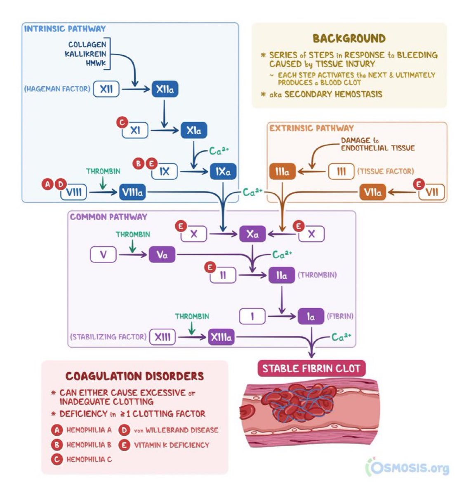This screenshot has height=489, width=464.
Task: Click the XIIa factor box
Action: click(165, 89)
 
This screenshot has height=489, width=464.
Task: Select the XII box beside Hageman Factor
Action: click(106, 89)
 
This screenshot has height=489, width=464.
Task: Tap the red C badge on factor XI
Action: click(122, 122)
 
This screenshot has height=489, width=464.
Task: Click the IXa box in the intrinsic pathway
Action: click(223, 171)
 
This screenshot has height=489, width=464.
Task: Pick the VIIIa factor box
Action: click(132, 192)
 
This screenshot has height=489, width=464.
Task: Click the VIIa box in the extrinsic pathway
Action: click(372, 192)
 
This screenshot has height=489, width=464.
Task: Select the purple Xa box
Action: click(252, 234)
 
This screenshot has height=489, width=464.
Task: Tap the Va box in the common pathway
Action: click(162, 255)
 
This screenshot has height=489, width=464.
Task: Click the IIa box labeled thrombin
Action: click(281, 275)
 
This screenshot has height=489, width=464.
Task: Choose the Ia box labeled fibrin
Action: click(311, 317)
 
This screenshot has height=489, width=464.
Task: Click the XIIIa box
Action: click(221, 337)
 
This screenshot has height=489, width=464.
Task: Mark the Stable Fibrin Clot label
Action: click(311, 368)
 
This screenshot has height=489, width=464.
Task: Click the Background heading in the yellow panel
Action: click(349, 38)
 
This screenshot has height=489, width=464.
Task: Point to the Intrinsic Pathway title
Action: click(65, 29)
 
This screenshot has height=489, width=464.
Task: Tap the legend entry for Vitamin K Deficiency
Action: click(171, 445)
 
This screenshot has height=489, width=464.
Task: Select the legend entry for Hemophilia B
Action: click(89, 445)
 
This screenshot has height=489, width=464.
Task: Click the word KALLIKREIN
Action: click(85, 54)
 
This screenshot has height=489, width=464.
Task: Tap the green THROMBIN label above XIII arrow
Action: click(192, 316)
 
